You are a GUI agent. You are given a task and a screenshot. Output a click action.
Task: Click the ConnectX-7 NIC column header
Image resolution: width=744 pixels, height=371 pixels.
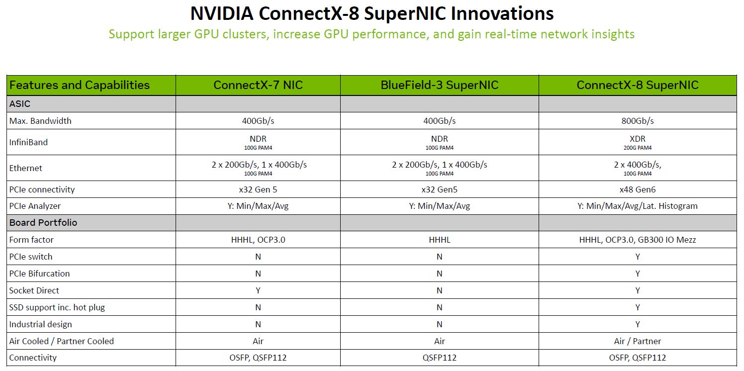258,85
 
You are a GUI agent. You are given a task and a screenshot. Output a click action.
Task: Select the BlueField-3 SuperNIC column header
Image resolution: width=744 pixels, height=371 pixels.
440,85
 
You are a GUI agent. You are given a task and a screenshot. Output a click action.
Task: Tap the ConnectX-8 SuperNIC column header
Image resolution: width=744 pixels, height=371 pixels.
638,85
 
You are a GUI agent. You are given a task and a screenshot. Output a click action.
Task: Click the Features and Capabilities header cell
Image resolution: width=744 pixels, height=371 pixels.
80,86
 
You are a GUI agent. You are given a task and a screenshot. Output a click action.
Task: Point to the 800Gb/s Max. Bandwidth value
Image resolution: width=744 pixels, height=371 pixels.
638,121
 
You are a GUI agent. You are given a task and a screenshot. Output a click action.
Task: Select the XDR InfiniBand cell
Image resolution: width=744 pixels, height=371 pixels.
638,142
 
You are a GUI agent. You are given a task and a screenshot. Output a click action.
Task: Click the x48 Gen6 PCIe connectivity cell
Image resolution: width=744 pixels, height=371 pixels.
638,189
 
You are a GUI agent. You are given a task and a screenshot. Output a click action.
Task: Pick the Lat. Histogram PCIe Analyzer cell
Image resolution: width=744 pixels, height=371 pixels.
638,206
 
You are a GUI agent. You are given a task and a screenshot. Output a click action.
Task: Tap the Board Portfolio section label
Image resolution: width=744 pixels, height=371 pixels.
43,222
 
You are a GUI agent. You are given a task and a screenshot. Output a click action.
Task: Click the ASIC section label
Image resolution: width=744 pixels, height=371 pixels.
19,104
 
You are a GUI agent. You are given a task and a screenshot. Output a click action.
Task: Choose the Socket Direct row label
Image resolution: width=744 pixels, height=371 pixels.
34,290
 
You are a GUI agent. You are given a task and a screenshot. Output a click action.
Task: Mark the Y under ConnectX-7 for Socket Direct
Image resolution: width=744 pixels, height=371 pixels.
258,290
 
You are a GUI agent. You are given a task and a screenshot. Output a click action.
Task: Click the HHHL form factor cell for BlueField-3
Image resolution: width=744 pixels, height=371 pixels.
440,240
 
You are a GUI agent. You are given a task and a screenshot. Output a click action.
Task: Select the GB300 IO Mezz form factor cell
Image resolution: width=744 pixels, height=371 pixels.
638,240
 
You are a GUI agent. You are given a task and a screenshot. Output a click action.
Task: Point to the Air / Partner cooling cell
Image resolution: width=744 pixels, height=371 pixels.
638,341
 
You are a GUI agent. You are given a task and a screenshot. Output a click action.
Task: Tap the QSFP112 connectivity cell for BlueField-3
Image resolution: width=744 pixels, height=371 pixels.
440,358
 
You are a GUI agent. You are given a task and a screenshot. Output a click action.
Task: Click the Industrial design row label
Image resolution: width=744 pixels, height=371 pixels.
40,324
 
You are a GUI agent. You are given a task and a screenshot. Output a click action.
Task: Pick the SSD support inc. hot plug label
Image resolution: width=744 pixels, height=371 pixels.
57,307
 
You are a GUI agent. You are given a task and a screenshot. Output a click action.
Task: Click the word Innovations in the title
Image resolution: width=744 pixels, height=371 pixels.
502,13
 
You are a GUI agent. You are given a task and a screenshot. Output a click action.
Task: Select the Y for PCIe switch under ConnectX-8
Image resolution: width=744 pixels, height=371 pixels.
638,257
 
